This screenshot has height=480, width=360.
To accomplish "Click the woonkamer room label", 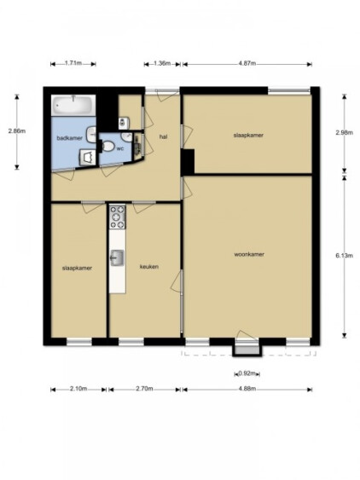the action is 249,254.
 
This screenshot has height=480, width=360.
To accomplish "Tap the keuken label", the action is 149,267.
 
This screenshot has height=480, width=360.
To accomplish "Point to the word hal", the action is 163,136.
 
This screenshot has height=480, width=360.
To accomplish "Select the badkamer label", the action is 70,138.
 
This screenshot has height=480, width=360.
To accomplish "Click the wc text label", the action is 120,149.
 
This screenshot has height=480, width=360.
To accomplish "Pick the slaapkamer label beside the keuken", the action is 77,269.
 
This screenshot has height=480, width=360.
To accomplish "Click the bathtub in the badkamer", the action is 73,106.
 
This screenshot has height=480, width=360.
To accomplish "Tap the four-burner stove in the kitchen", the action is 118,217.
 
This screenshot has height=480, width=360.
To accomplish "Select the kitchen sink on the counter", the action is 117,257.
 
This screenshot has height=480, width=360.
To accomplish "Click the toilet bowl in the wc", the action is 107,146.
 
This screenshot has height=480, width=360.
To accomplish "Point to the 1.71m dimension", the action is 73,63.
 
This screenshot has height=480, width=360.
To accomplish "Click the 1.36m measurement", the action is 162,63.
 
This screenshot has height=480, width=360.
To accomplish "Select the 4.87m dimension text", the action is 247,63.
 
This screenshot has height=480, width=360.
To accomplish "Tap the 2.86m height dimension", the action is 17,131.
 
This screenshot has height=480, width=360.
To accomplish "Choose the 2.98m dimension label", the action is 344,132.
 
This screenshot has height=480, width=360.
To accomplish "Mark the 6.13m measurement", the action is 344,256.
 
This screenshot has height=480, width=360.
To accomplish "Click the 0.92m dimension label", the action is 247,373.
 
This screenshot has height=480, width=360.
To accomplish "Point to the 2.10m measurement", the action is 78,389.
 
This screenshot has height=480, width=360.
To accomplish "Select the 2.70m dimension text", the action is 144,389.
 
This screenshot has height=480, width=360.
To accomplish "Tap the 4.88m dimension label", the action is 247,389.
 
